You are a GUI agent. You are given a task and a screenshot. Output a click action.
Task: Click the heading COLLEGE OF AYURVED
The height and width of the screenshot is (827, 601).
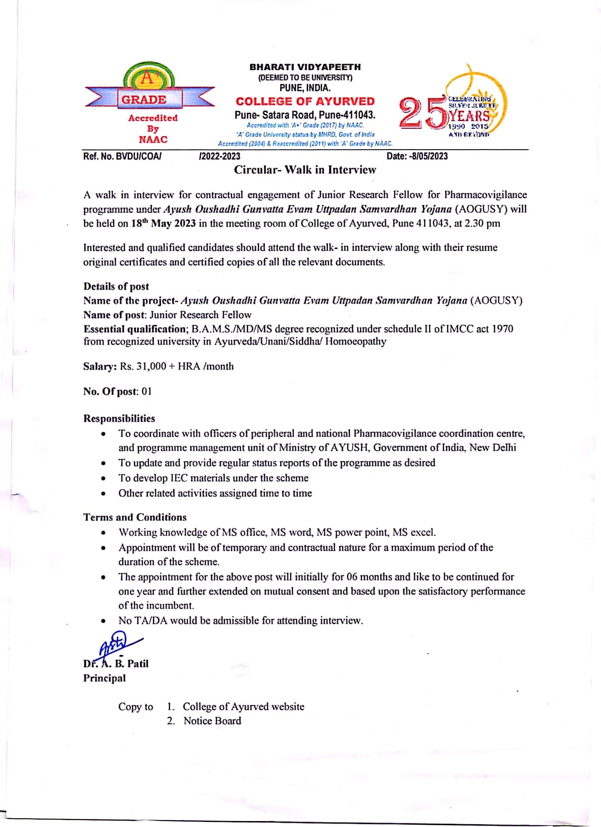[x=305, y=101]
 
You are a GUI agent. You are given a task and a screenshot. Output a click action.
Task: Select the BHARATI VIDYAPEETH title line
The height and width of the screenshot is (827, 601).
[x=305, y=67]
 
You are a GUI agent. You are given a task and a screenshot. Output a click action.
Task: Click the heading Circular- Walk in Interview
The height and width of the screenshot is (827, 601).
[x=305, y=170]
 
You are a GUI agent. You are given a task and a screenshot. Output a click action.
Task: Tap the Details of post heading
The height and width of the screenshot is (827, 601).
[x=116, y=286]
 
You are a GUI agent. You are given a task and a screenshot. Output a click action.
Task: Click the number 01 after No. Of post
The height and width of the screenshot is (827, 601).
[x=146, y=392]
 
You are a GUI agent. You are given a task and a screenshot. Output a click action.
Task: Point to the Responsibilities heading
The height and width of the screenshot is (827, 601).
[x=119, y=418]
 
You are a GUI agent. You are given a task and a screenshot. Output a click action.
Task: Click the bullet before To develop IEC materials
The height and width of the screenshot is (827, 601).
[x=104, y=479]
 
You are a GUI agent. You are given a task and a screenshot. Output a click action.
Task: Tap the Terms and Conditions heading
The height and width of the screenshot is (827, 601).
[x=135, y=517]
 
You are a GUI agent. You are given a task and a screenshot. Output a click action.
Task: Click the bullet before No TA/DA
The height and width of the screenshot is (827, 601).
[x=104, y=621]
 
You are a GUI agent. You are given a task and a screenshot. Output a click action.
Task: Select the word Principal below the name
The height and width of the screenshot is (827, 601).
[x=104, y=678]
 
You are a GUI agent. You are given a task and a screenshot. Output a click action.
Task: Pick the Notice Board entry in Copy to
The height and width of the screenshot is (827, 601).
[x=212, y=721]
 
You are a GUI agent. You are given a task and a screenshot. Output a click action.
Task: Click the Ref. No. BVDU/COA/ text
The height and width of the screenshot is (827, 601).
[x=122, y=156]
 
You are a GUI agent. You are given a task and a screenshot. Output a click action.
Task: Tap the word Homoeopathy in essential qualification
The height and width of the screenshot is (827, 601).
[x=356, y=341]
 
